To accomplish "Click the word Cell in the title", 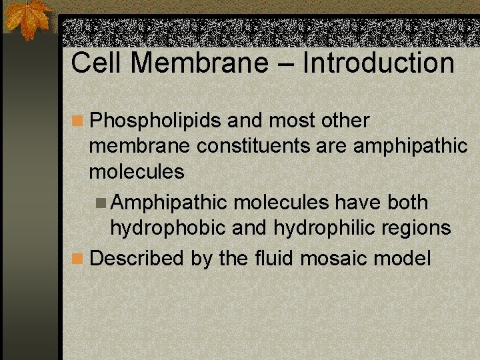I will click(97, 63).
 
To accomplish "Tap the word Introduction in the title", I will click(379, 63).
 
